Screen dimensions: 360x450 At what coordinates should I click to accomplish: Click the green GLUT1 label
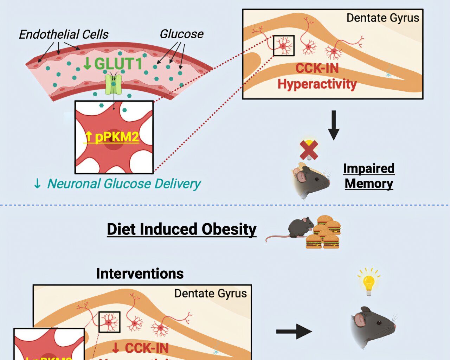pyautogui.click(x=113, y=64)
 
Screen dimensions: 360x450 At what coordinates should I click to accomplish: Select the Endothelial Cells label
pyautogui.click(x=64, y=34)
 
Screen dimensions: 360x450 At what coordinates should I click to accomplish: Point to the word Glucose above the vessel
pyautogui.click(x=181, y=34)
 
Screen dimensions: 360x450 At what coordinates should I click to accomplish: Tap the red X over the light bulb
pyautogui.click(x=309, y=150)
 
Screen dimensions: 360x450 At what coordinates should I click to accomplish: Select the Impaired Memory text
pyautogui.click(x=369, y=176)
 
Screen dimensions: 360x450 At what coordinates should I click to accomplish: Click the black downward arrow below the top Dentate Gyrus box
pyautogui.click(x=334, y=125)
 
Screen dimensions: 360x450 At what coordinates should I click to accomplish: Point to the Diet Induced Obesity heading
pyautogui.click(x=181, y=229)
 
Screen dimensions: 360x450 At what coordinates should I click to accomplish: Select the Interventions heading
pyautogui.click(x=140, y=274)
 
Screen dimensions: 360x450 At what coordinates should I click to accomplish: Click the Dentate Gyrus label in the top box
pyautogui.click(x=382, y=18)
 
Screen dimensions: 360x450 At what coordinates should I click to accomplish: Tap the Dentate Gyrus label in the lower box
pyautogui.click(x=210, y=294)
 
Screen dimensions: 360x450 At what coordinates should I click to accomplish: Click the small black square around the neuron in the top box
pyautogui.click(x=283, y=45)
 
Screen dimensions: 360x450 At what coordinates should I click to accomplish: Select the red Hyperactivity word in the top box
pyautogui.click(x=317, y=84)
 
